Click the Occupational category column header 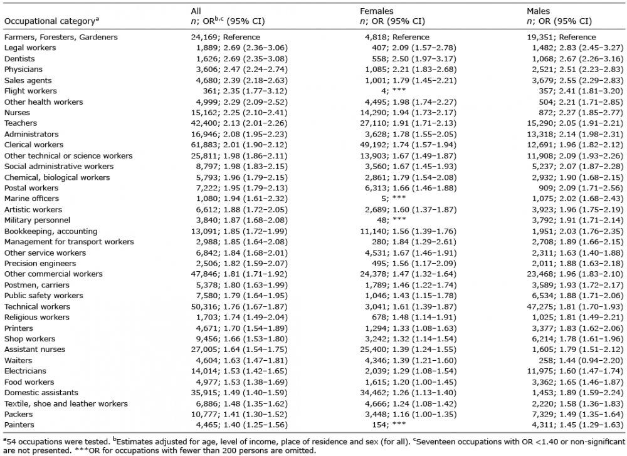click(51, 21)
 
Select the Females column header click(377, 11)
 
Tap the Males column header click(538, 11)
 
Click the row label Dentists click(19, 59)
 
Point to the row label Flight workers click(30, 91)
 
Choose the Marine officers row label click(31, 199)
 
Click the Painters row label click(19, 425)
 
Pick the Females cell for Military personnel click(394, 220)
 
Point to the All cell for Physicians click(242, 70)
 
